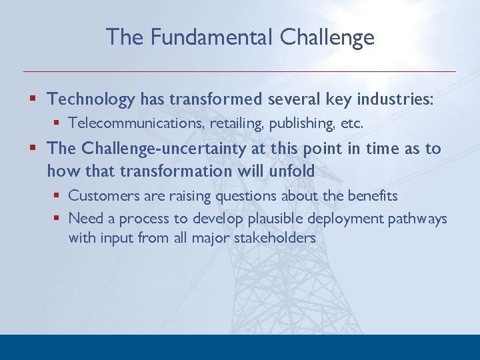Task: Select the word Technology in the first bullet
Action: click(91, 100)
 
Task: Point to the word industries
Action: click(395, 100)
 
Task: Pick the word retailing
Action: click(233, 123)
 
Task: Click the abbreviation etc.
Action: click(351, 123)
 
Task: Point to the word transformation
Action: click(175, 171)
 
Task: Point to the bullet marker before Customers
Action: click(57, 196)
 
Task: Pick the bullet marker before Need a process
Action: click(57, 219)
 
